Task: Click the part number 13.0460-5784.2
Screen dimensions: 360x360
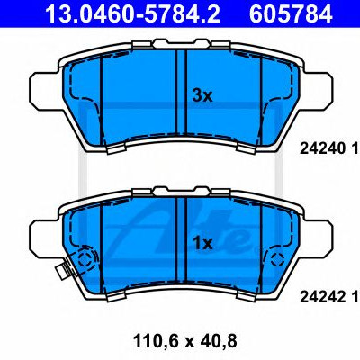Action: (x=132, y=13)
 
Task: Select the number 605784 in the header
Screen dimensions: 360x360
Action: (x=291, y=13)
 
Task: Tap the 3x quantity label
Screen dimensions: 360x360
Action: (x=202, y=96)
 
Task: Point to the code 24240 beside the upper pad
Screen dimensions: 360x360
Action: (x=321, y=148)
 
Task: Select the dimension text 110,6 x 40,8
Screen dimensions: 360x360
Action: (x=184, y=341)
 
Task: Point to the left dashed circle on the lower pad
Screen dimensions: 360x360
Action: (x=85, y=259)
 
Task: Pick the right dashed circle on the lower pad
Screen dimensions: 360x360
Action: (x=277, y=258)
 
